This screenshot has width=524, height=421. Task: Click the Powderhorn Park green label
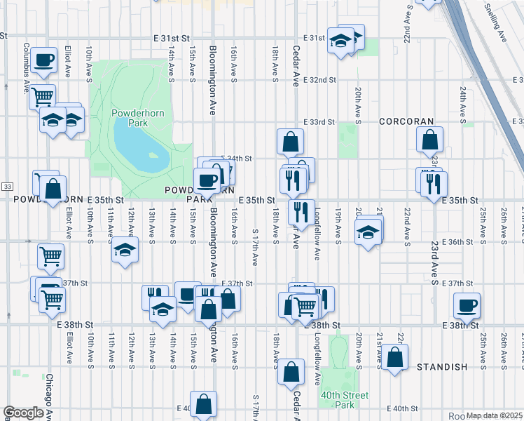tap(130, 116)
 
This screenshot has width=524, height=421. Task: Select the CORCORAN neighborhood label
tap(407, 121)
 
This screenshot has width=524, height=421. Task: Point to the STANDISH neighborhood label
tap(441, 367)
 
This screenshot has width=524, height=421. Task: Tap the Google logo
tap(23, 413)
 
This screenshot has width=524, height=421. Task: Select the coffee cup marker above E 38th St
tap(467, 305)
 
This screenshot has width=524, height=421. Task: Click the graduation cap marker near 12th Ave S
tap(124, 250)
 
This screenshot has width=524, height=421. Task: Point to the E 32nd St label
tap(316, 80)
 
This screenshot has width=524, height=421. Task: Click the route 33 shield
tap(7, 186)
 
